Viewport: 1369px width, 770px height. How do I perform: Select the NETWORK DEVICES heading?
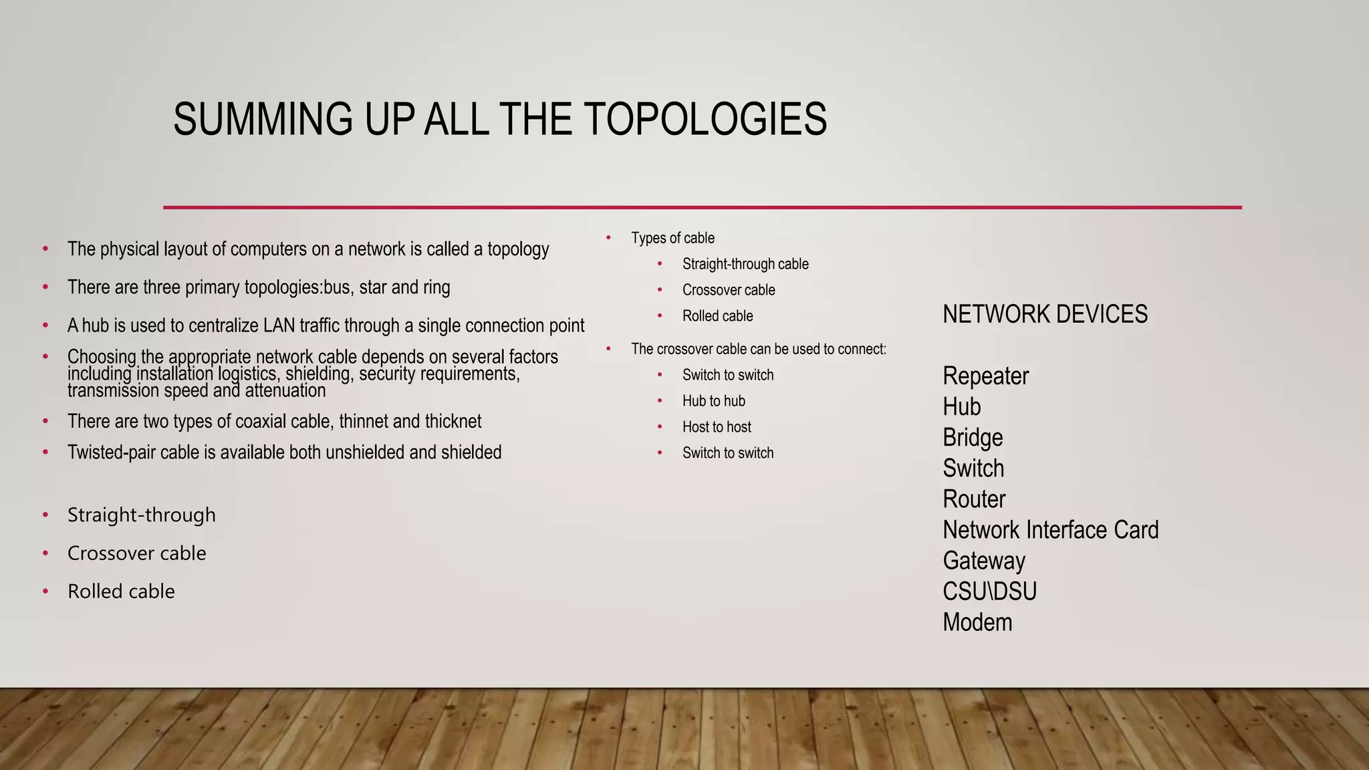click(x=1045, y=314)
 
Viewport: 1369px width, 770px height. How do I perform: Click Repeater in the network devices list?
click(x=985, y=376)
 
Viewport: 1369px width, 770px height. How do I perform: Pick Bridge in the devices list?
click(x=973, y=438)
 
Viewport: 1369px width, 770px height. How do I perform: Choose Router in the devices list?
click(x=974, y=499)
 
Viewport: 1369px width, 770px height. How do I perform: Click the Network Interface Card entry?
click(x=1050, y=530)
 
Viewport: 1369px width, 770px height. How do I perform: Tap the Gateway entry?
click(x=983, y=561)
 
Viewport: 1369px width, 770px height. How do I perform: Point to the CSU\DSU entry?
click(x=989, y=592)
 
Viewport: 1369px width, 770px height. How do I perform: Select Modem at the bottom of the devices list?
click(x=977, y=622)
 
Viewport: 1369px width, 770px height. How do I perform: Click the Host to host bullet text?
click(x=717, y=427)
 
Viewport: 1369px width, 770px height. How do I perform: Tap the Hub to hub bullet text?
click(x=713, y=401)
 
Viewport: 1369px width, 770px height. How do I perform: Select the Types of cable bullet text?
click(x=672, y=238)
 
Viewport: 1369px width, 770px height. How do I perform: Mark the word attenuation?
click(x=285, y=390)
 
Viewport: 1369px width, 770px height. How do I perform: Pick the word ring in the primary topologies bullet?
click(x=437, y=287)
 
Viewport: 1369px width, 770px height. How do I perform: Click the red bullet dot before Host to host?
click(x=660, y=427)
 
